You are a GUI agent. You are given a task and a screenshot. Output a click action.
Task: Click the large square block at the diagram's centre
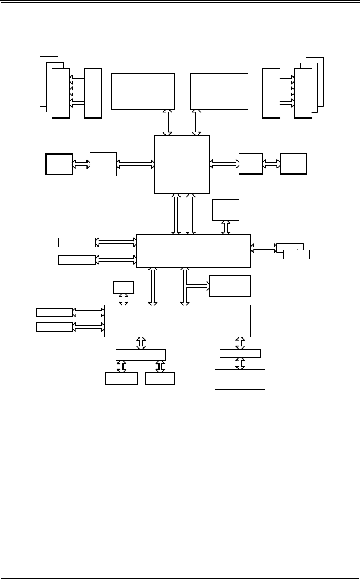182,164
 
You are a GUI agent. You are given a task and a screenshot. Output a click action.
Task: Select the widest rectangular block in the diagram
177,320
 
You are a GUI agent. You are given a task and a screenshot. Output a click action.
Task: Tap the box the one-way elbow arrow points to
230,286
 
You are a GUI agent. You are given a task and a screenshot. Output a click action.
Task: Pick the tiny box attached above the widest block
123,287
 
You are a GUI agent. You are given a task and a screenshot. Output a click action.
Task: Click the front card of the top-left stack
60,93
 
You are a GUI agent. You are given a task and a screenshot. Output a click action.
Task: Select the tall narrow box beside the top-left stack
93,93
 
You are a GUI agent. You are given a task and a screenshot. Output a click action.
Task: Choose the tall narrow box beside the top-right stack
271,93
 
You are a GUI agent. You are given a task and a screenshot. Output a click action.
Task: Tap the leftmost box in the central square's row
59,165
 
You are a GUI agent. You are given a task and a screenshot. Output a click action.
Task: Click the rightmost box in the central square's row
293,164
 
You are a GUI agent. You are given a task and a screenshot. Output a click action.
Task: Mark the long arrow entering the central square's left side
135,164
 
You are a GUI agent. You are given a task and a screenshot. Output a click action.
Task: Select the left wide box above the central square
143,91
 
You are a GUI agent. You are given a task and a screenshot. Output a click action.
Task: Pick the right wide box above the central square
219,91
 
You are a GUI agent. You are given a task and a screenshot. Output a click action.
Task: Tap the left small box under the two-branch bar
121,378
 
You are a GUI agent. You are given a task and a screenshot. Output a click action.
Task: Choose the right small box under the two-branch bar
160,378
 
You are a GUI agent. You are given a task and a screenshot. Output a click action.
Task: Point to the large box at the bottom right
240,379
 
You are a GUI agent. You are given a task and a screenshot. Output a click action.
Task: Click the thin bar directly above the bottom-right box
240,353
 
